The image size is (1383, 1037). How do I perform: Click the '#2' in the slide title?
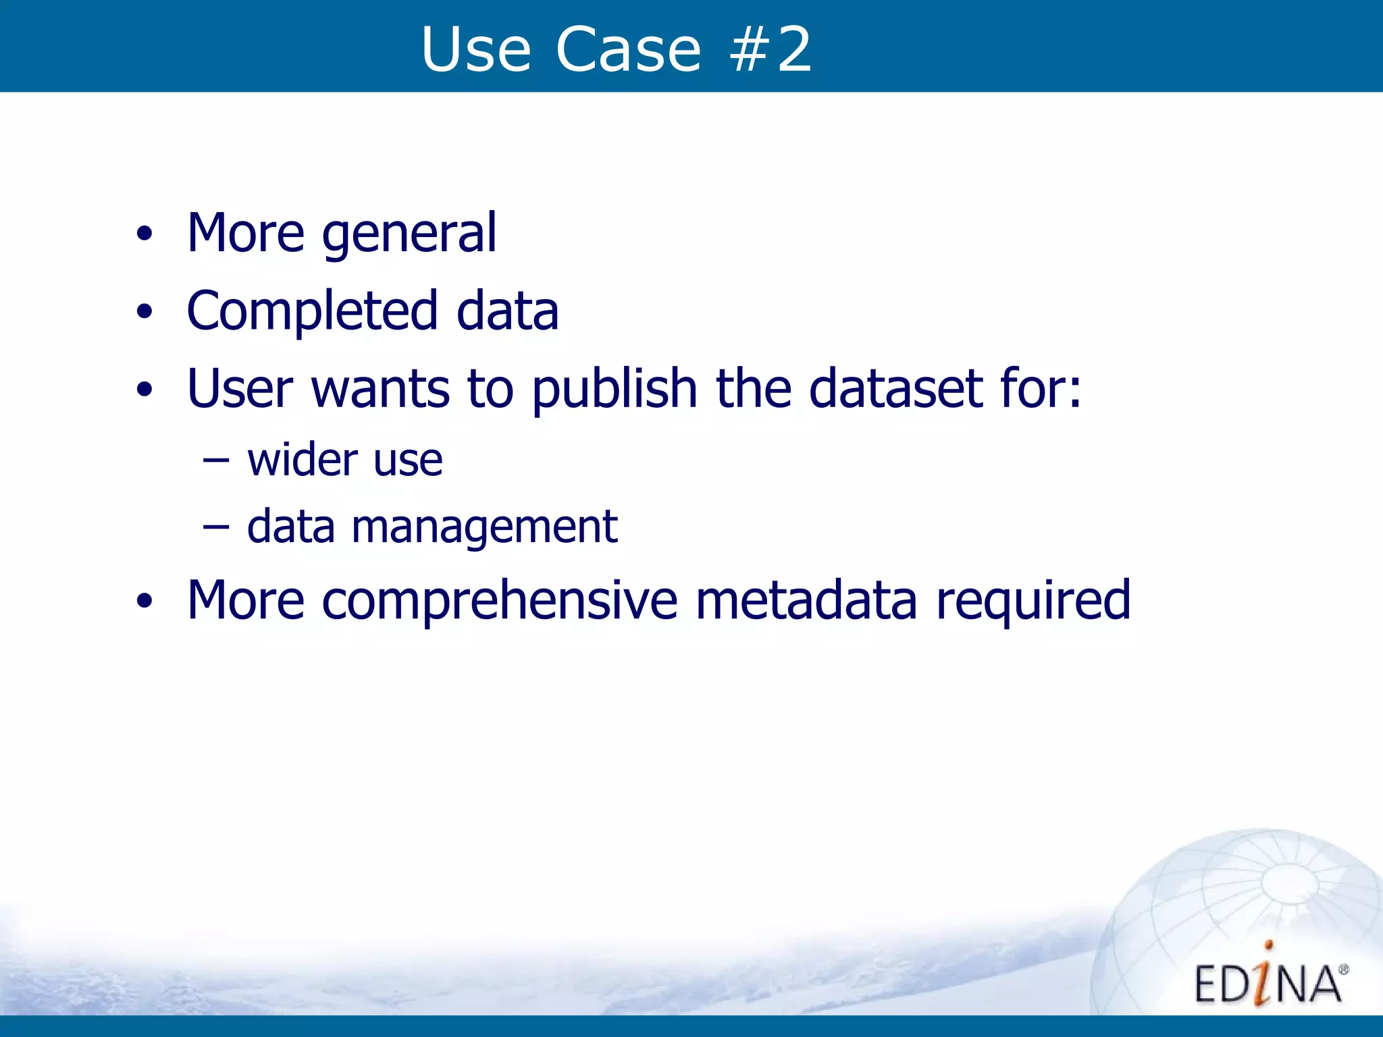click(x=771, y=49)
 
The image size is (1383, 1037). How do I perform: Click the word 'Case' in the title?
click(x=628, y=49)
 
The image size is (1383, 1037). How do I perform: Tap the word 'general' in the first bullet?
click(x=409, y=234)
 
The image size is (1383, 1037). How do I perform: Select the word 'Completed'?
click(x=312, y=312)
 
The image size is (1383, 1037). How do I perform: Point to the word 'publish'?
click(x=615, y=390)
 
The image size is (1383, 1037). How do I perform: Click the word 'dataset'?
click(x=895, y=390)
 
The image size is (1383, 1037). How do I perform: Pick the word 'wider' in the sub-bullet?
click(x=303, y=460)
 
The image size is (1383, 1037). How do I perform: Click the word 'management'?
click(x=484, y=527)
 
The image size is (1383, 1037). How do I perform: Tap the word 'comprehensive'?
click(x=500, y=600)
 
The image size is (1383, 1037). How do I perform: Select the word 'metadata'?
click(x=806, y=600)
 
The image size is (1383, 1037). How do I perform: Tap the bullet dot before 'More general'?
click(x=144, y=234)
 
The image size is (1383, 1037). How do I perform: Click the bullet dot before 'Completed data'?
click(x=144, y=312)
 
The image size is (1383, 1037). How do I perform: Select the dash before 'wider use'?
click(x=216, y=461)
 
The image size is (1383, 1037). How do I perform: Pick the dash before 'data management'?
click(x=216, y=528)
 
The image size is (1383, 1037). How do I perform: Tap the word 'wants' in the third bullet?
click(x=380, y=390)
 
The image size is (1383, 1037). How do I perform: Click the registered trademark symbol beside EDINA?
click(x=1343, y=970)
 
